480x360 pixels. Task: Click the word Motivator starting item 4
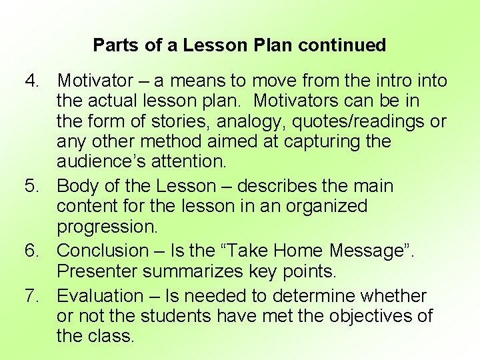pos(95,81)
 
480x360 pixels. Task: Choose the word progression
pos(107,227)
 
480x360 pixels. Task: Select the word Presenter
pos(98,271)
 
